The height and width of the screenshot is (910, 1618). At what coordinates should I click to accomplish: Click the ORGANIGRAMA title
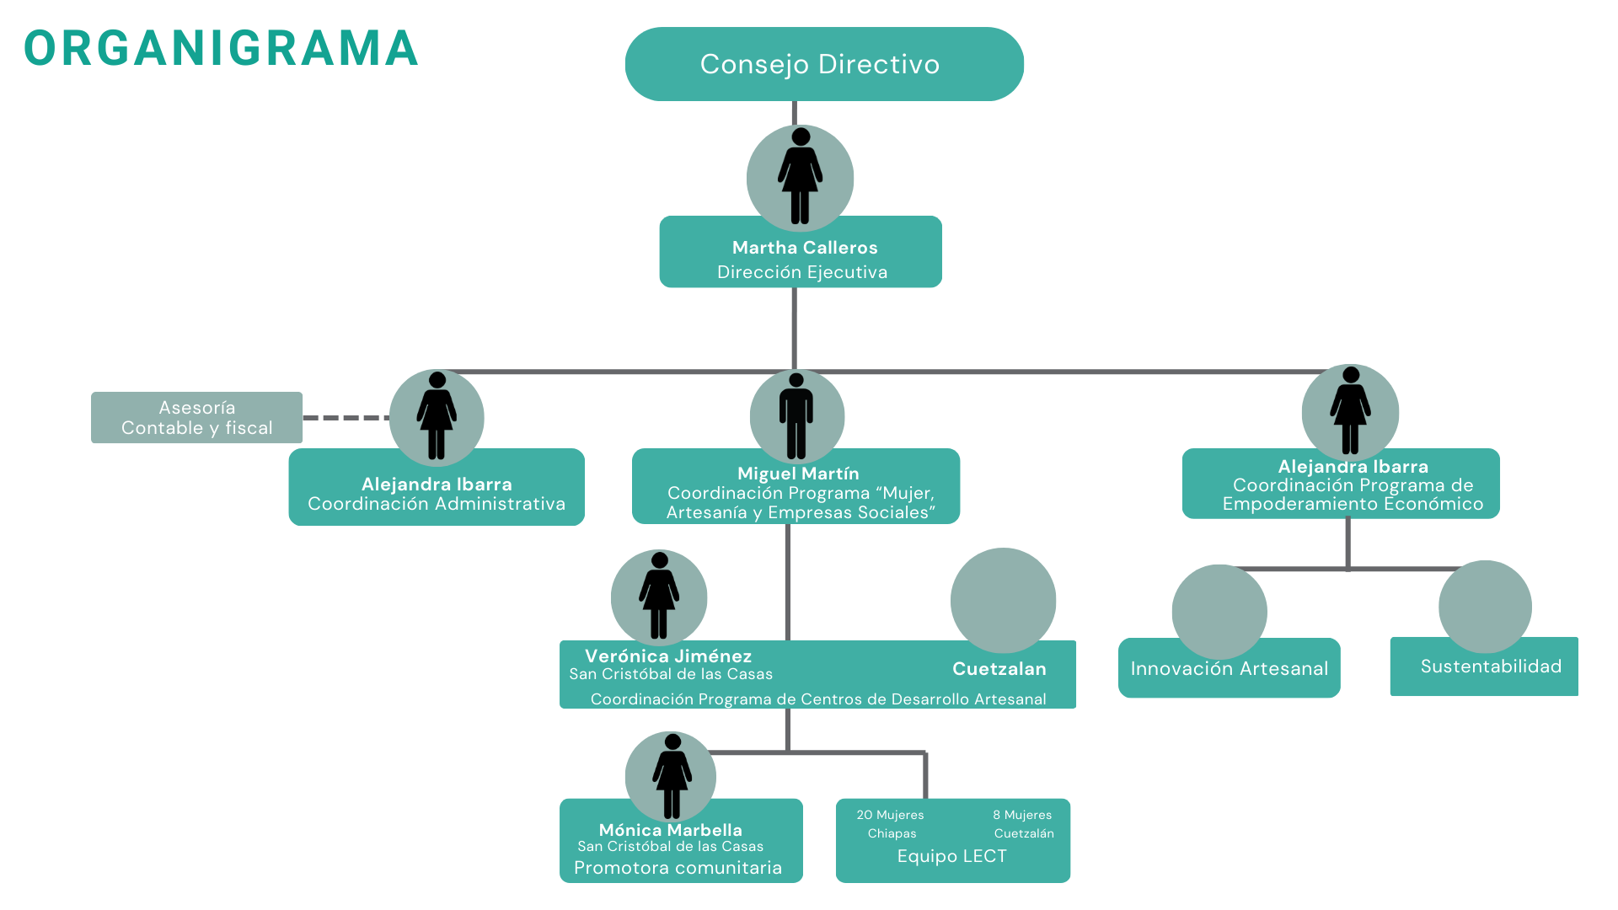(x=221, y=49)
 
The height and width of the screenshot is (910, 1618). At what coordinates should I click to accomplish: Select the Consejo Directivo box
(x=823, y=64)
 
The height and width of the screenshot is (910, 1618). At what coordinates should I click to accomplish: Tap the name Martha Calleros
(x=805, y=248)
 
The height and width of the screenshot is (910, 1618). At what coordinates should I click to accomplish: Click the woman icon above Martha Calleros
(x=800, y=177)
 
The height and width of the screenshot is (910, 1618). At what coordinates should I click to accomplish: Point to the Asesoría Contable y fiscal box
(x=196, y=418)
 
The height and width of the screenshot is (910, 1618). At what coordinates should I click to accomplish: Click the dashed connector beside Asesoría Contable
(x=346, y=417)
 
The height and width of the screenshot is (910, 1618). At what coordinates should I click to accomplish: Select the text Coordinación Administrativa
(x=437, y=504)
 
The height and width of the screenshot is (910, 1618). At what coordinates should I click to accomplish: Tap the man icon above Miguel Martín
(x=796, y=416)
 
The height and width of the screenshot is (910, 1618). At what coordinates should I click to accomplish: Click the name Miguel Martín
(x=798, y=474)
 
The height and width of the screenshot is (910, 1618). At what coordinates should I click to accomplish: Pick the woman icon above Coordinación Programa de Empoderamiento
(x=1350, y=411)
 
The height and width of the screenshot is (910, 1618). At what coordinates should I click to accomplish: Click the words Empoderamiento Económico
(x=1353, y=504)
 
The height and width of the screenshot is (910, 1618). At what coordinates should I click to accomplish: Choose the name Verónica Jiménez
(x=668, y=656)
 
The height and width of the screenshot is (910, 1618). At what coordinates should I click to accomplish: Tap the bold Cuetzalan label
(x=999, y=669)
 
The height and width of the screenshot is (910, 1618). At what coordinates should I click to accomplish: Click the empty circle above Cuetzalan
(x=1003, y=600)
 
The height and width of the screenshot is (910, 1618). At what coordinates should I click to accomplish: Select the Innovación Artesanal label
(x=1229, y=669)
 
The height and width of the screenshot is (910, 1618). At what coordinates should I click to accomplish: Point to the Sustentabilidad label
(x=1491, y=666)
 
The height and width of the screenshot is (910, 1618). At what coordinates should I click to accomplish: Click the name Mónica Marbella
(x=670, y=830)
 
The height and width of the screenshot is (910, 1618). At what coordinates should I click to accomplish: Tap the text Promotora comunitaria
(x=678, y=868)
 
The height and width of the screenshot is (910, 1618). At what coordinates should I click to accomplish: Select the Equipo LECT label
(x=951, y=856)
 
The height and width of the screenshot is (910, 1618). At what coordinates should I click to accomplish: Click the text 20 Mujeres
(x=890, y=815)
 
